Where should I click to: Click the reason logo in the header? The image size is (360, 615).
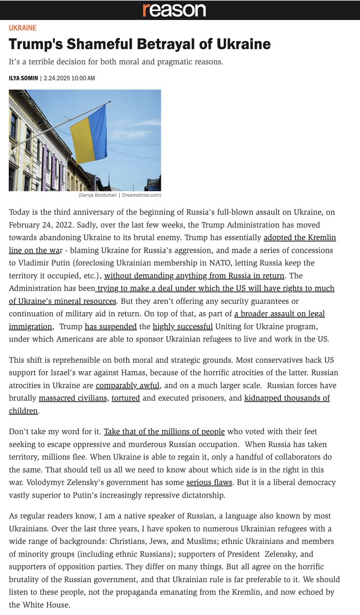click(x=174, y=10)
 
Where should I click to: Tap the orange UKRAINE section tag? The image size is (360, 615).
click(x=23, y=28)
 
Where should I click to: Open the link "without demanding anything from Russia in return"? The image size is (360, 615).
click(x=194, y=276)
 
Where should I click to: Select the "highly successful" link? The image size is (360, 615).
click(x=182, y=326)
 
